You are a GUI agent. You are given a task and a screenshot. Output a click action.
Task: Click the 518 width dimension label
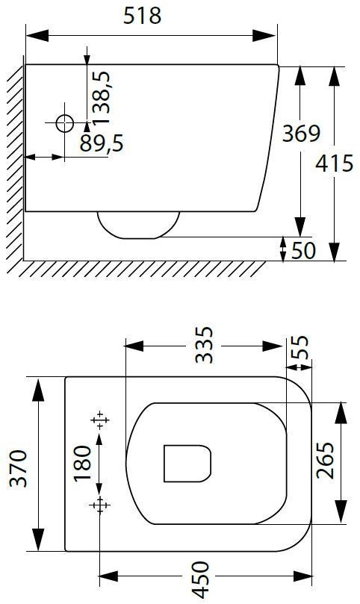(142, 16)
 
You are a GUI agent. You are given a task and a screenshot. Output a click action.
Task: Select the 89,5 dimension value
(102, 143)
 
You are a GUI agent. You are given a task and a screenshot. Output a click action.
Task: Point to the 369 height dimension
(301, 134)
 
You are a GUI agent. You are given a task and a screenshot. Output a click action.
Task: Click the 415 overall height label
(334, 163)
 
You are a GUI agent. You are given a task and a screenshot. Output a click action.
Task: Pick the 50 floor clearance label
(303, 250)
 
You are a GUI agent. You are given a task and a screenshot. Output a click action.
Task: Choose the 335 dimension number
(204, 345)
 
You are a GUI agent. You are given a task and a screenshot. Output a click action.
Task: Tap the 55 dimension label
(300, 347)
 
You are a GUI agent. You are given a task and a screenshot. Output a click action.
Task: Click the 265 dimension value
(325, 460)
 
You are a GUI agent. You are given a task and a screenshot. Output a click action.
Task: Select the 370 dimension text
(19, 468)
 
